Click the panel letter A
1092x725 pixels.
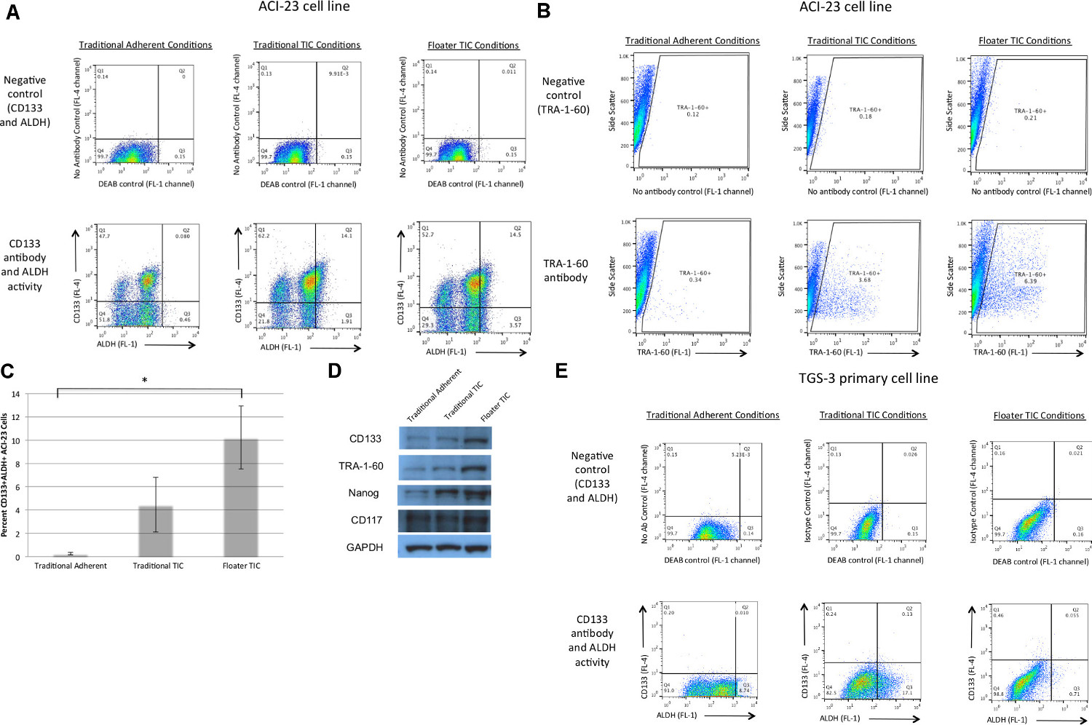coord(12,12)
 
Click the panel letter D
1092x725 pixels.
coord(334,371)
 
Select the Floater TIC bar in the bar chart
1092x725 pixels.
coord(241,498)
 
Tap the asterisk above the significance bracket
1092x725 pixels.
coord(144,381)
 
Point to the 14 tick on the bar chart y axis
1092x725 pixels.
coord(15,394)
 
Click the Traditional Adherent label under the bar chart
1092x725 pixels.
coord(71,566)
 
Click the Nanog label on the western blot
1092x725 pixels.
coord(363,494)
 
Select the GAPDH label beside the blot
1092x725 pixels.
coord(365,547)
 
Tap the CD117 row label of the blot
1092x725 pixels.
coord(365,520)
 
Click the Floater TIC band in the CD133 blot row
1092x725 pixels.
coord(478,439)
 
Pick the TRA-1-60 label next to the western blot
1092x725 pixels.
coord(361,466)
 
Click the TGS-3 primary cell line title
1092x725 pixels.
coord(868,379)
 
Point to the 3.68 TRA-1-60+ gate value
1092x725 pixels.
coord(864,280)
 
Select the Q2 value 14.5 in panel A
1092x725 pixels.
coord(515,234)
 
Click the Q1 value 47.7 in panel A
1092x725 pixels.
coord(104,237)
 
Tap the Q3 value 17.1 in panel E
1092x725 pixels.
coord(907,693)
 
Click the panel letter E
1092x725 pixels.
coord(561,371)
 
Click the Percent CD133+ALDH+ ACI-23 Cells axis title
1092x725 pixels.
coord(5,475)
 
